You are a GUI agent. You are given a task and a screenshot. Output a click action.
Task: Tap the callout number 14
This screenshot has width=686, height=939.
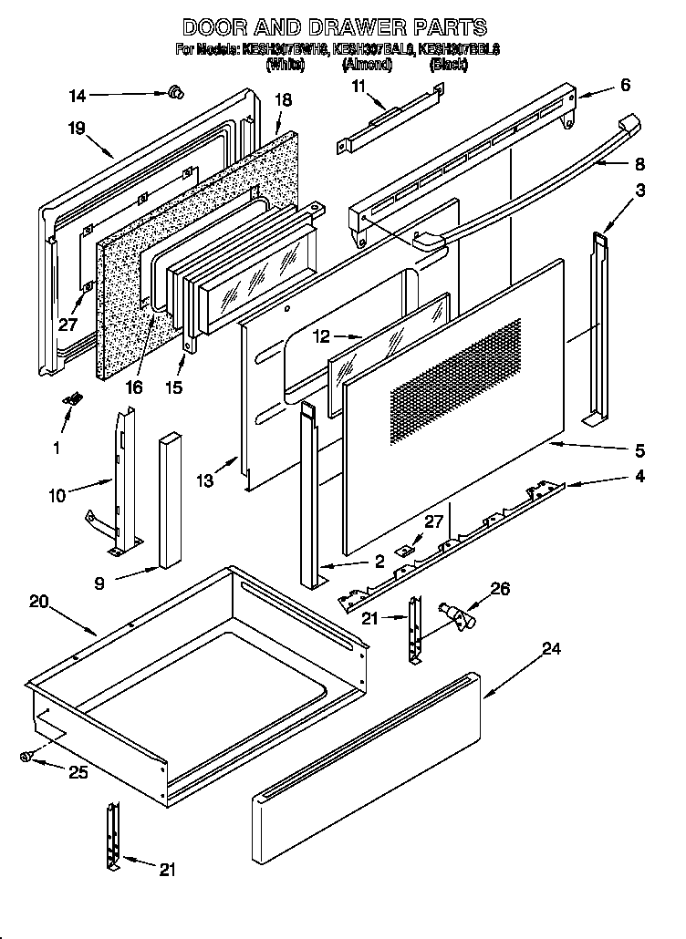click(x=78, y=94)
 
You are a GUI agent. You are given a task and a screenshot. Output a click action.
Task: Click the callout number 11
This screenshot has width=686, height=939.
click(x=358, y=86)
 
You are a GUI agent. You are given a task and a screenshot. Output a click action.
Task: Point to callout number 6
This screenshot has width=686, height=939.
click(x=624, y=85)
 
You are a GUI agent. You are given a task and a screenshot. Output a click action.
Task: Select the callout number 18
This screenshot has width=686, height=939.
click(x=283, y=101)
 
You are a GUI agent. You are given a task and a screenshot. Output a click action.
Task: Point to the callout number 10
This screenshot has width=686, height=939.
click(x=58, y=496)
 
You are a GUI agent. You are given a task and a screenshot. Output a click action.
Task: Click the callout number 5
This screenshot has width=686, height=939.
click(x=639, y=450)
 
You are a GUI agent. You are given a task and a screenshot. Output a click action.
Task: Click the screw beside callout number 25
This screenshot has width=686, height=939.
click(x=26, y=756)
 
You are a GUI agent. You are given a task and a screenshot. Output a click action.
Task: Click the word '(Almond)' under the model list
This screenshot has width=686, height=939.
click(x=367, y=66)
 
